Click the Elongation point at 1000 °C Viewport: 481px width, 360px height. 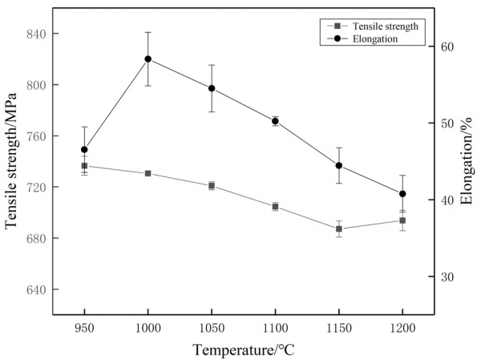(x=148, y=59)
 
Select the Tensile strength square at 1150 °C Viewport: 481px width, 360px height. (x=339, y=229)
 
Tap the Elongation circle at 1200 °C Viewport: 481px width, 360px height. (x=402, y=193)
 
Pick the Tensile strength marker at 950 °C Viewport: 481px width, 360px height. (x=84, y=166)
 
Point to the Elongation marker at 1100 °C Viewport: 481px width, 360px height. (x=275, y=121)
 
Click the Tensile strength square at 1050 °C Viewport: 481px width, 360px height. (x=212, y=185)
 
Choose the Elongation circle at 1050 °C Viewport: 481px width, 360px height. (x=212, y=88)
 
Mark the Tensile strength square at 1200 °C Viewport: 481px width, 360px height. (x=402, y=220)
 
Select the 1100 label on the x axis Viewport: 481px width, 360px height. (x=275, y=330)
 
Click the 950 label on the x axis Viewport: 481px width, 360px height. (x=84, y=330)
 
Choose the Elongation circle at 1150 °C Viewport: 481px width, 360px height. (x=339, y=166)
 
